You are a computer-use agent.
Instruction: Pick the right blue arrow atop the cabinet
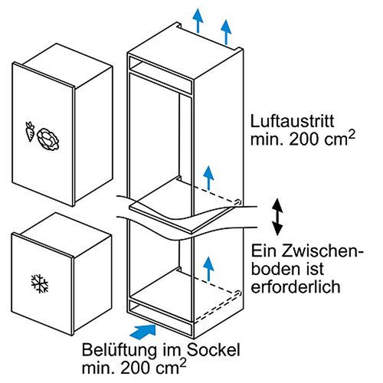click(x=226, y=30)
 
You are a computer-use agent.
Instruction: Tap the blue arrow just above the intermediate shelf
click(x=206, y=175)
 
